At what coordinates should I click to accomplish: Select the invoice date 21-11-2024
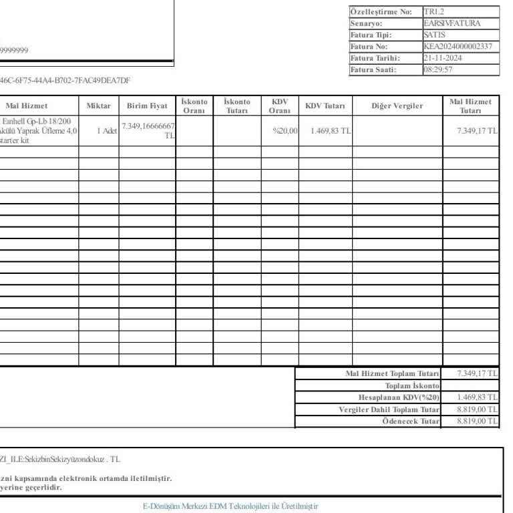pos(443,58)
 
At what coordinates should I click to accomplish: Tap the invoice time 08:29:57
pos(438,69)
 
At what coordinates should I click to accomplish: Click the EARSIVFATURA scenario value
pos(452,23)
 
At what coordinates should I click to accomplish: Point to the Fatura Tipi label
pos(371,35)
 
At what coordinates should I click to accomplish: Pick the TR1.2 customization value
pos(434,12)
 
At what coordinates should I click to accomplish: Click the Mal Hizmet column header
pos(27,106)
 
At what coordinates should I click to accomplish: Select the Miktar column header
pos(99,106)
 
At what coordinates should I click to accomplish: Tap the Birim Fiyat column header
pos(147,106)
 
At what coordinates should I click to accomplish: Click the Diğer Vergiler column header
pos(397,106)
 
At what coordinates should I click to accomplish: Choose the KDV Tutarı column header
pos(325,106)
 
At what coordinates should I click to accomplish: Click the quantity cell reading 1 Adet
pos(107,131)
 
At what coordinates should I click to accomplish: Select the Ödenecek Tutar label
pos(411,421)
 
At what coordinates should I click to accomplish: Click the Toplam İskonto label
pos(412,386)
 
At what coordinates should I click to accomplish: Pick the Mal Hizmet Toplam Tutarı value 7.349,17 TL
pos(477,373)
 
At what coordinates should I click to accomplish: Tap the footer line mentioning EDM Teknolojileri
pos(230,506)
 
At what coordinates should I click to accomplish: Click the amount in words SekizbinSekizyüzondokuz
pos(60,460)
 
